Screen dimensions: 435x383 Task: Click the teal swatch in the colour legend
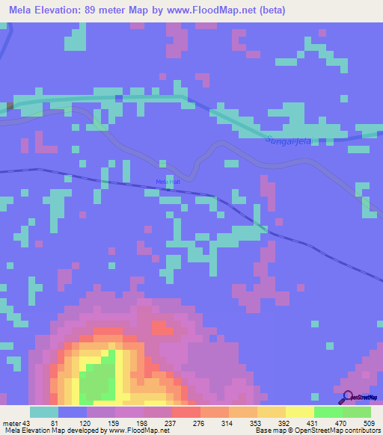click(44, 413)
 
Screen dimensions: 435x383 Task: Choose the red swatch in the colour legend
click(186, 413)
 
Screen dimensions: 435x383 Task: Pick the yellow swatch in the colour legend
click(300, 413)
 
